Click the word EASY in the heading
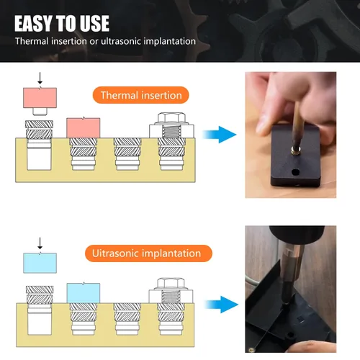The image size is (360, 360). (33, 23)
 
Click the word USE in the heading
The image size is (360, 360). (94, 23)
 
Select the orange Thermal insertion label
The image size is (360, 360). (141, 95)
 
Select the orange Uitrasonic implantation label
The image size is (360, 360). (148, 253)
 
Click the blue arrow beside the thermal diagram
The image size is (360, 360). (220, 135)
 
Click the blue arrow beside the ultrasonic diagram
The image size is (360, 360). (221, 305)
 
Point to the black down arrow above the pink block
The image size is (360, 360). (40, 78)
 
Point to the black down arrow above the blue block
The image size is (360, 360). (40, 243)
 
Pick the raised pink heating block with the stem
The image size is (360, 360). (40, 101)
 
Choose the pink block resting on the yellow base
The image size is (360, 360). (84, 127)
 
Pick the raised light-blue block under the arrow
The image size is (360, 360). (40, 263)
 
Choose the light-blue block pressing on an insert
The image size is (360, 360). (84, 292)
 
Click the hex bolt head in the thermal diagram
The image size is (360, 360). (171, 118)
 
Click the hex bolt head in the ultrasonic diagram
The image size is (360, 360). (171, 284)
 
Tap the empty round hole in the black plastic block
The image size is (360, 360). (295, 172)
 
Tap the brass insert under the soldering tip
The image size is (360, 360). (296, 151)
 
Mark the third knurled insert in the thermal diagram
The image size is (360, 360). (127, 154)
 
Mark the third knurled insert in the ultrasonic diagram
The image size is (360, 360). (127, 319)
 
